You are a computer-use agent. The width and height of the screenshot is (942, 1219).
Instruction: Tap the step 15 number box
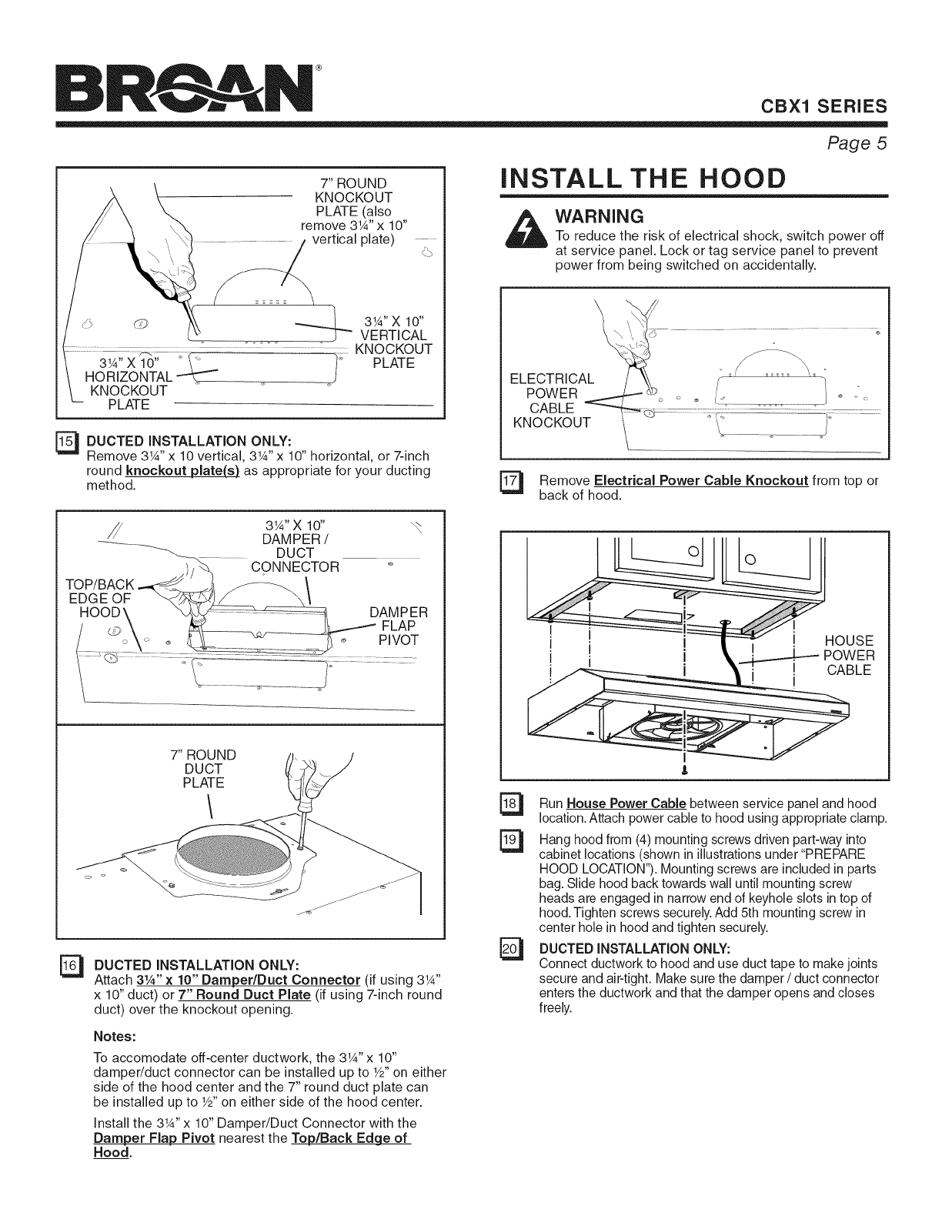[67, 441]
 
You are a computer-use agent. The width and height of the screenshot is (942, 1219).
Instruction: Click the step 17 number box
[509, 482]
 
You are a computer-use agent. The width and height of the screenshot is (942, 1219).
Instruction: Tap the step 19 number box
[509, 840]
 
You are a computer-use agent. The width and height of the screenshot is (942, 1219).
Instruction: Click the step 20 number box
[509, 946]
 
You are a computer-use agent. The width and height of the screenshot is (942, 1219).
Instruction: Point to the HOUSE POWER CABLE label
[848, 655]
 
